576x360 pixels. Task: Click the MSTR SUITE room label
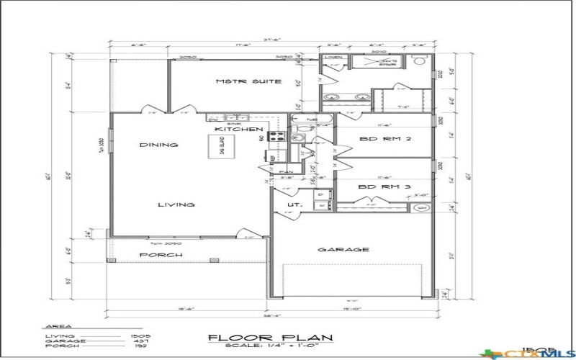point(248,81)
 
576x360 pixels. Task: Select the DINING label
point(158,145)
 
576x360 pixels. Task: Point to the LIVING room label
point(176,204)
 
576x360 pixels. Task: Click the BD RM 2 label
point(384,139)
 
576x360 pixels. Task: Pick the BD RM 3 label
point(384,186)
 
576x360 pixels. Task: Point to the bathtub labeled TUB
point(311,120)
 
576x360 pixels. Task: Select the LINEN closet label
point(333,57)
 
